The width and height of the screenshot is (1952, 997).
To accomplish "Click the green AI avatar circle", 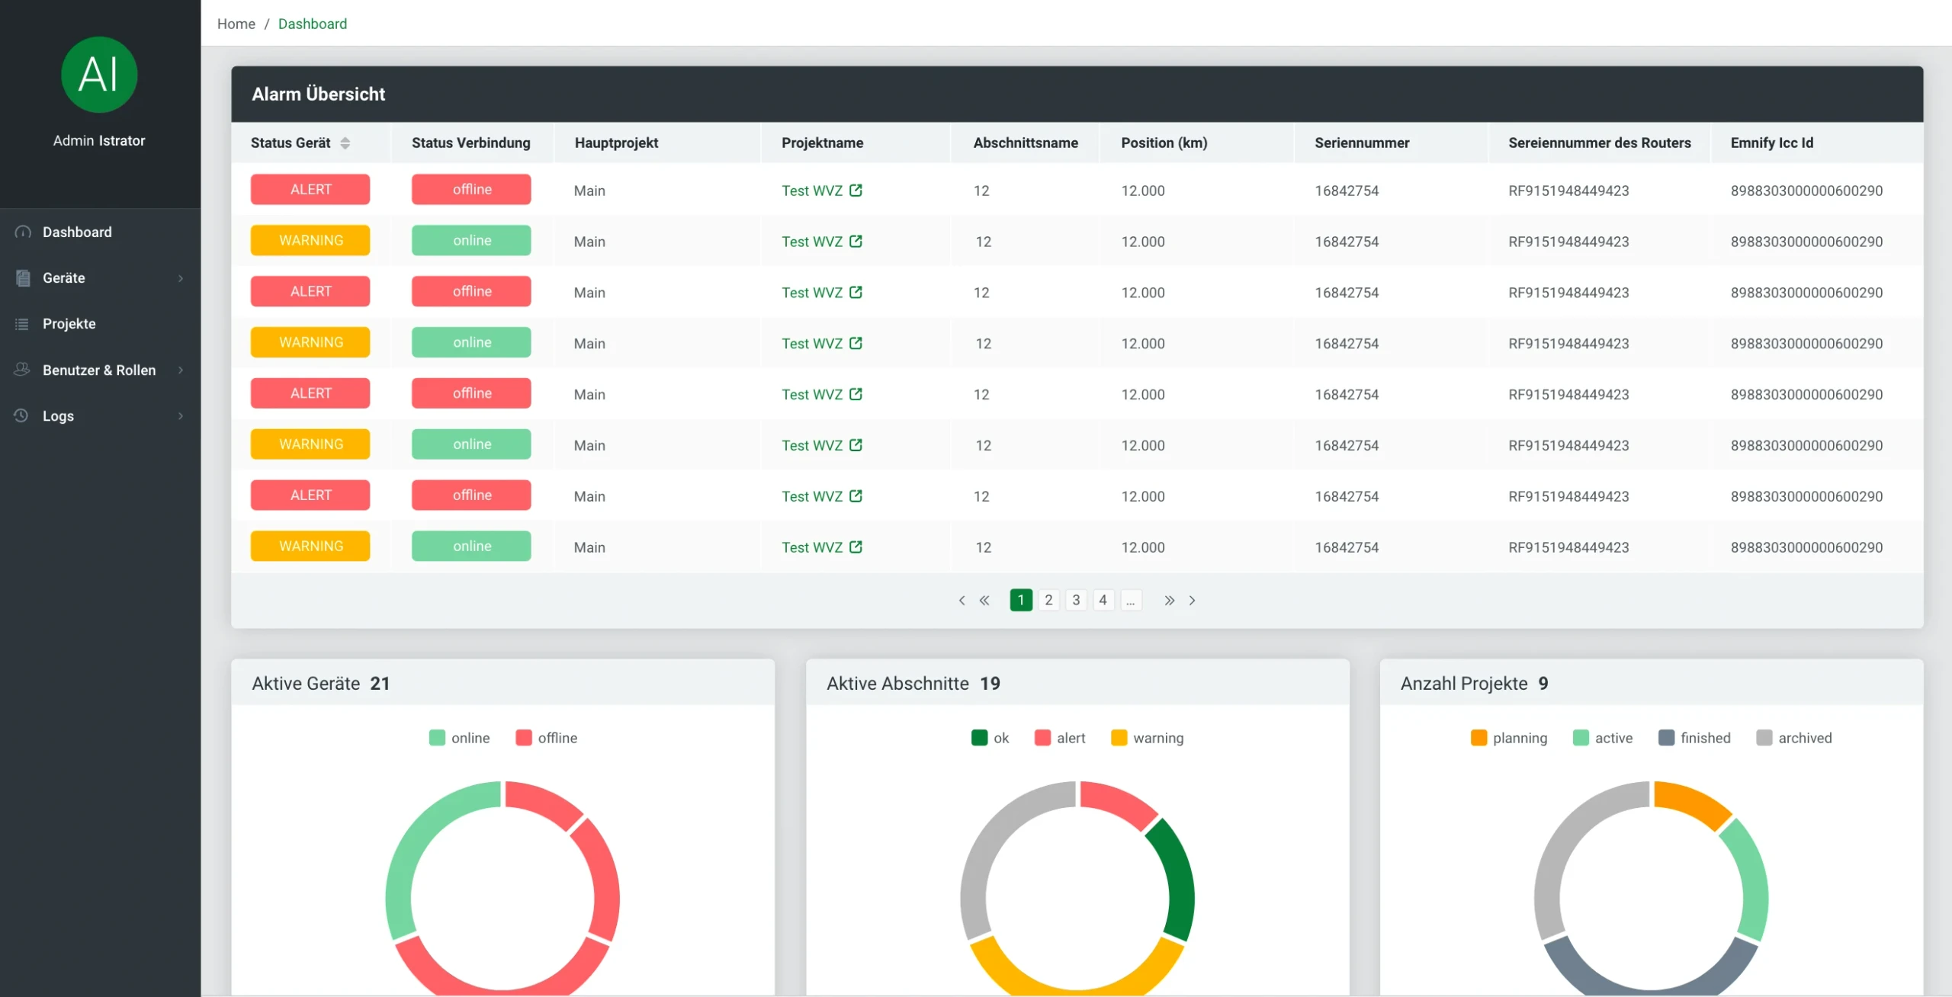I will [x=99, y=75].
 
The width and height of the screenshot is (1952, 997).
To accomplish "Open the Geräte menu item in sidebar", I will [x=64, y=278].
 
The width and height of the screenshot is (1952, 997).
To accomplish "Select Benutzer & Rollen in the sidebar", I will [x=99, y=370].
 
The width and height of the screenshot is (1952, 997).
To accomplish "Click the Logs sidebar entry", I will [x=58, y=416].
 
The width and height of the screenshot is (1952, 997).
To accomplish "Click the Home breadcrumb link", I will [x=236, y=24].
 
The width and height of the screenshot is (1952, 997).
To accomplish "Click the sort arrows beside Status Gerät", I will [x=345, y=143].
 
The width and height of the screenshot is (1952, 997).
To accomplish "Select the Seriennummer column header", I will [x=1362, y=143].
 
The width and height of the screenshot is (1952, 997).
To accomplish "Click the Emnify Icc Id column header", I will [x=1771, y=143].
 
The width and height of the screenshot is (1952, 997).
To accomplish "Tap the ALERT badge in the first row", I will [x=310, y=190].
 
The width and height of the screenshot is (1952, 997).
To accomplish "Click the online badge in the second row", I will [x=471, y=241].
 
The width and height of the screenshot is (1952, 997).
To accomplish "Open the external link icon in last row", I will [x=856, y=547].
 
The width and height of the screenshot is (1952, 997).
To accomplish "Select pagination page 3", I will [x=1076, y=601].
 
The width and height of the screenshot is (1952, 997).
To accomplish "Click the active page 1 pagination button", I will [x=1020, y=601].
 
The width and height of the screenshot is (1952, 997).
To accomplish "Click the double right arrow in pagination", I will [x=1169, y=601].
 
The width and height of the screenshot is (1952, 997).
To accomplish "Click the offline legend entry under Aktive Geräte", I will [x=547, y=738].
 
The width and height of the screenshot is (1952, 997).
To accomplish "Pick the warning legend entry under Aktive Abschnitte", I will [x=1148, y=738].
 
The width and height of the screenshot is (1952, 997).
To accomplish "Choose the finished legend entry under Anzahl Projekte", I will [x=1694, y=738].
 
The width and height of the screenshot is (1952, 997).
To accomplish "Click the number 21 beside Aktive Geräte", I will [x=380, y=684].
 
